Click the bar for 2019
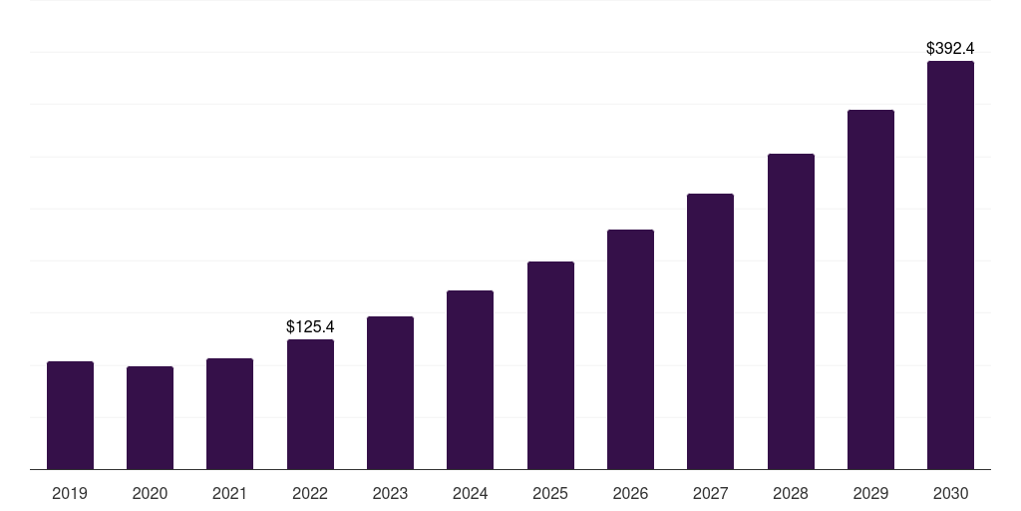pos(70,415)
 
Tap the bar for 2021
pos(229,413)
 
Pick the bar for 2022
pos(310,404)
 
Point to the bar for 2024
pos(470,379)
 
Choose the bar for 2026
pos(630,349)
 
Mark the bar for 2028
pos(791,311)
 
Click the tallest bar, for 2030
pos(950,264)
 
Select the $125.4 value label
pos(310,326)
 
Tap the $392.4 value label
pos(950,48)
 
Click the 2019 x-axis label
pos(70,493)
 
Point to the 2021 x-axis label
pos(229,493)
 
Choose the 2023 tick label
pos(390,493)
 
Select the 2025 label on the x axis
pos(550,493)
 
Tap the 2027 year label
pos(710,493)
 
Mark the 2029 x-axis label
pos(870,493)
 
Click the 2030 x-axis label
pos(950,493)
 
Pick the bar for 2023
pos(390,392)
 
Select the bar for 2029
pos(870,289)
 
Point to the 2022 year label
pos(310,493)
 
